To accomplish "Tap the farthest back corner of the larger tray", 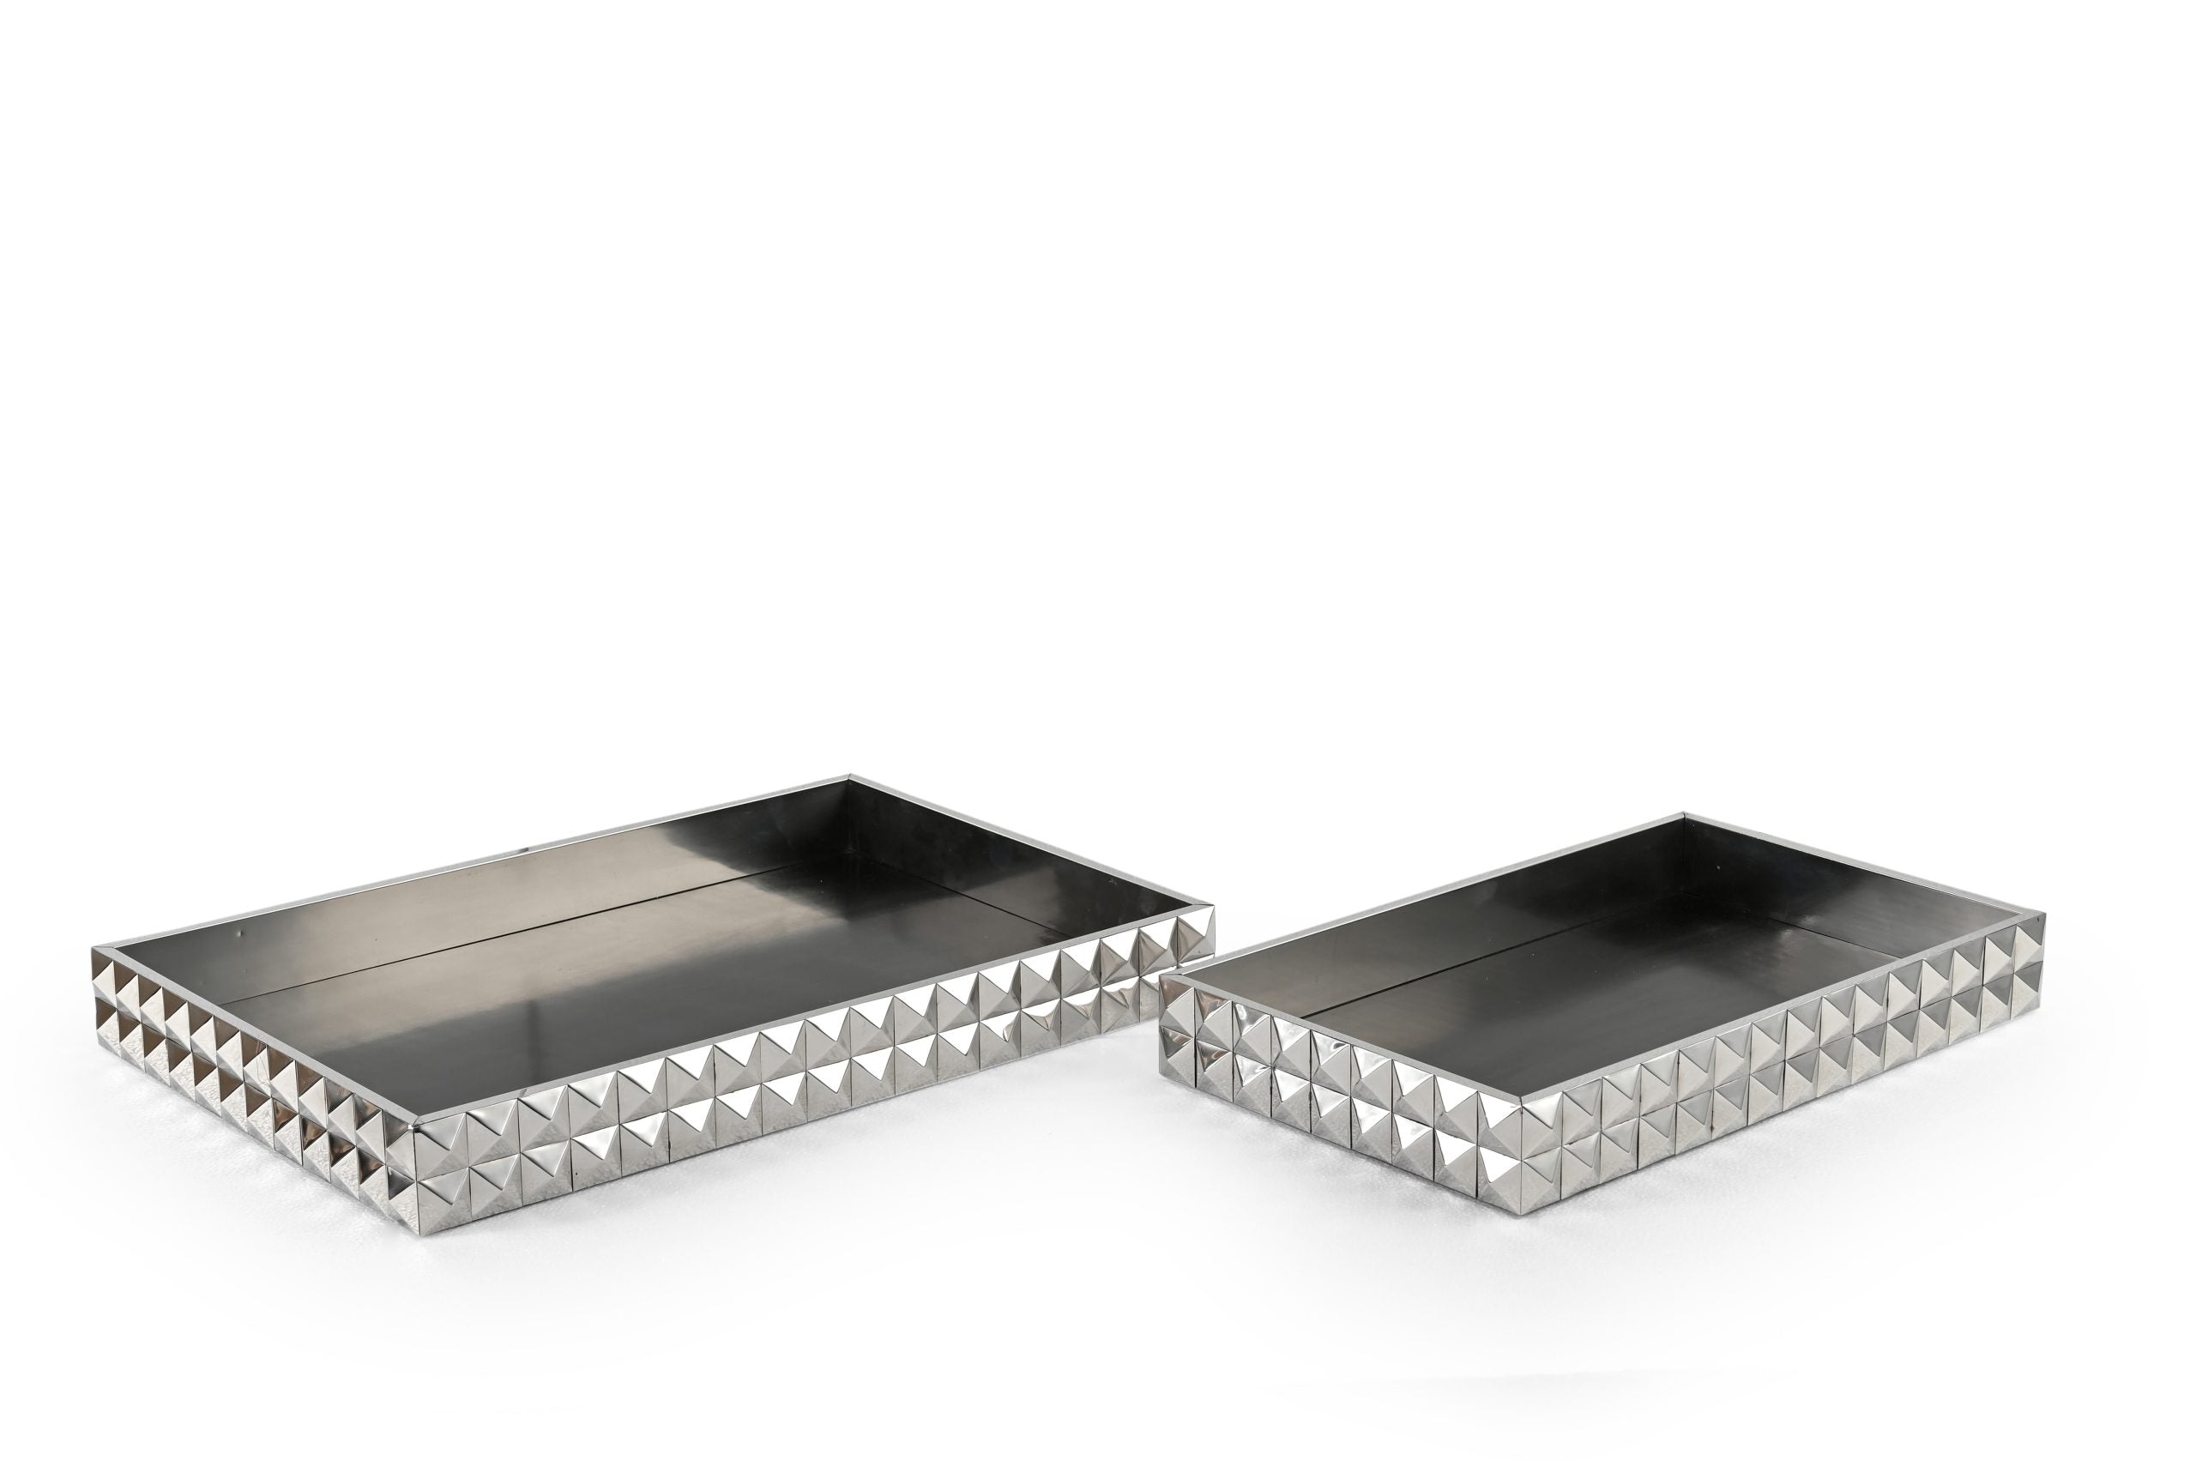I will (851, 777).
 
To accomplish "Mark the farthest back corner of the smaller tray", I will (1686, 815).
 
